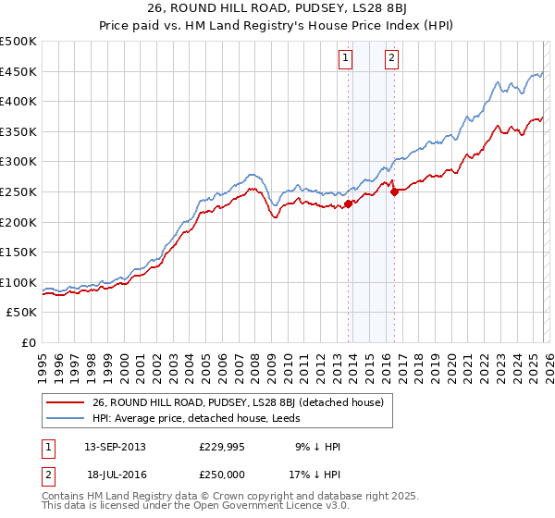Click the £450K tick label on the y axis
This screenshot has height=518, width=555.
18,71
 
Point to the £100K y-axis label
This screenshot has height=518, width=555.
18,282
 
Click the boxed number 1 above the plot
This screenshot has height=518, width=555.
345,58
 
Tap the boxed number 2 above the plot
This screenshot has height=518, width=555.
391,58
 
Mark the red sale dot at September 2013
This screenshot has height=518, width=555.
348,203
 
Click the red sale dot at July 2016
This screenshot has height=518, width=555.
394,191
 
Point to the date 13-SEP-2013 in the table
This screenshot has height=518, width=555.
115,446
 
